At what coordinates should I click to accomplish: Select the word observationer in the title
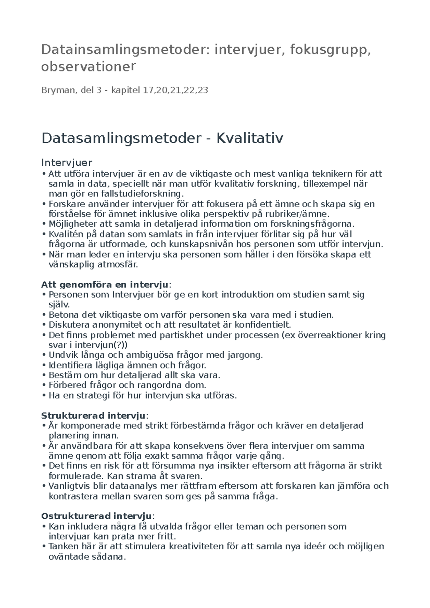click(89, 67)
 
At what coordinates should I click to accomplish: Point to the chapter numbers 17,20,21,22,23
click(175, 90)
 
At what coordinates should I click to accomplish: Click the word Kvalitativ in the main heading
click(249, 138)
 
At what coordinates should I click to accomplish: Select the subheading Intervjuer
click(67, 163)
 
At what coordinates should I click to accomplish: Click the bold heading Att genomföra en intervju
click(105, 285)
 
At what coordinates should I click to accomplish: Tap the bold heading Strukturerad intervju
click(94, 416)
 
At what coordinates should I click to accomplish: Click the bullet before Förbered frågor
click(43, 386)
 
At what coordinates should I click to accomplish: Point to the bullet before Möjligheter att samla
click(43, 225)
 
